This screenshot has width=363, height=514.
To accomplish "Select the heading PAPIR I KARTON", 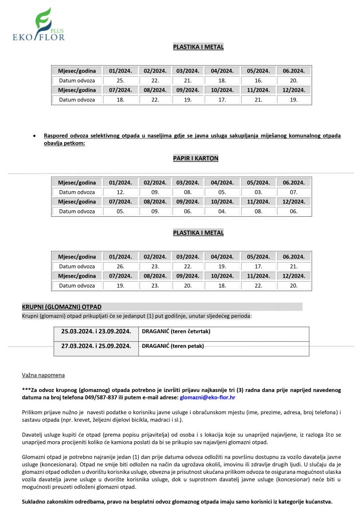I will (195, 158).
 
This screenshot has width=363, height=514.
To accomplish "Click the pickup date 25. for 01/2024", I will (120, 80).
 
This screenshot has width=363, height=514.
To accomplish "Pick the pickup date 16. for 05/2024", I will (258, 80).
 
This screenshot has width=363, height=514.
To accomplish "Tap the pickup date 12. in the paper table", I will (120, 192).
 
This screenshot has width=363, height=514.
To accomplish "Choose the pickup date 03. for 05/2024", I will (258, 192).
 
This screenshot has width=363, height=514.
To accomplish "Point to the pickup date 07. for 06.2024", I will (294, 192).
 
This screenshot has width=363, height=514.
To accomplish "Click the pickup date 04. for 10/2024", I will (222, 211).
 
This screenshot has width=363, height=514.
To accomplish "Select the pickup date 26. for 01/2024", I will (120, 266).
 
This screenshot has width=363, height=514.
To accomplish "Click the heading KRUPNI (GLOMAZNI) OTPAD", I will (62, 307).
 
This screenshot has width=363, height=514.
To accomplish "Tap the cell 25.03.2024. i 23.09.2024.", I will (96, 331).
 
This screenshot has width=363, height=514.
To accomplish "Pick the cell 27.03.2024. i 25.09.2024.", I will (96, 346).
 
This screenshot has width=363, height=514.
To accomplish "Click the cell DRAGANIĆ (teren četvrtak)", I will (176, 331).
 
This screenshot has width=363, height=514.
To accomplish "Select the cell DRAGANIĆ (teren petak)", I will (173, 346).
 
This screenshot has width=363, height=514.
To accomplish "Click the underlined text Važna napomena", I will (43, 375).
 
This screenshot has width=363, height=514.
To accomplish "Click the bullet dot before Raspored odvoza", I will (34, 136).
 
